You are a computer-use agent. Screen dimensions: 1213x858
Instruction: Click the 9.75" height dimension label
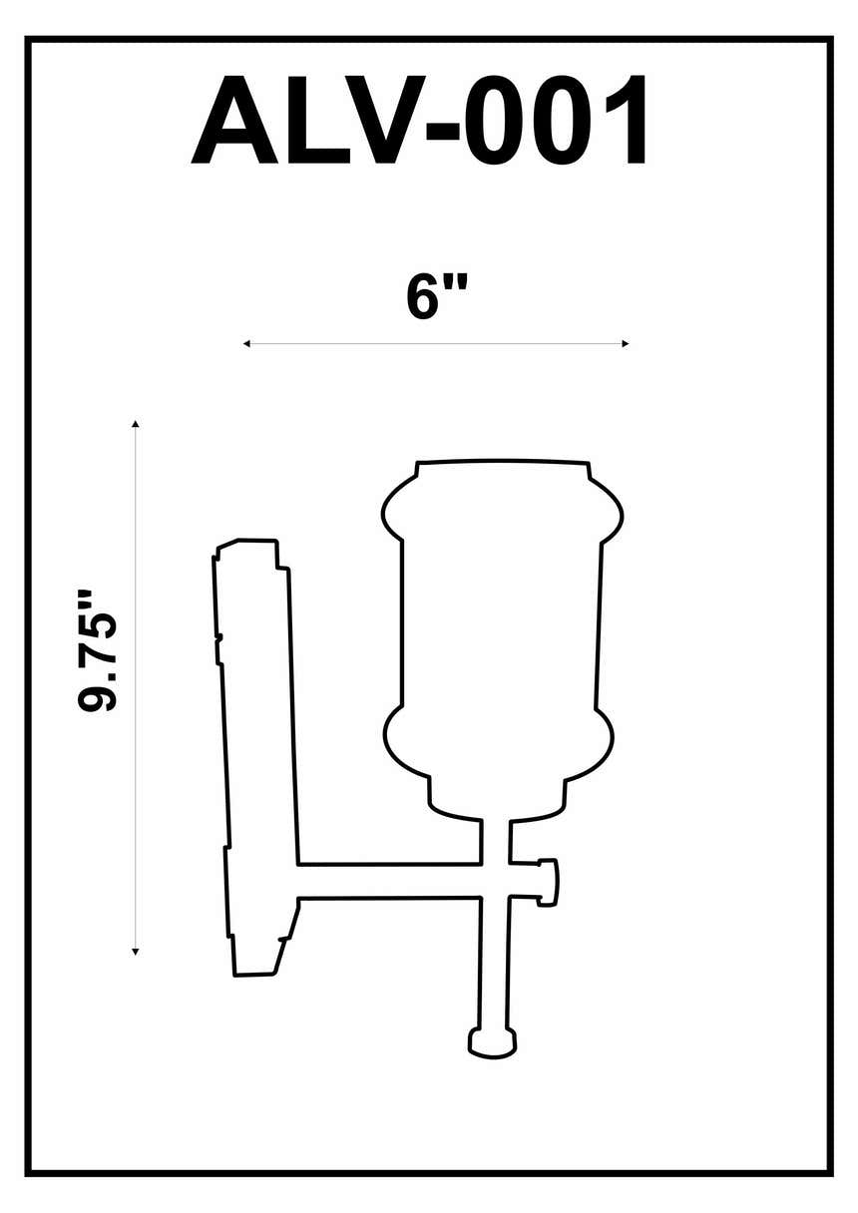(x=99, y=650)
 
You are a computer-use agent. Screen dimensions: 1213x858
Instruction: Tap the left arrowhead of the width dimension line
(x=246, y=344)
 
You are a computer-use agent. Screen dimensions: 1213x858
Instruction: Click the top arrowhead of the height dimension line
(x=136, y=425)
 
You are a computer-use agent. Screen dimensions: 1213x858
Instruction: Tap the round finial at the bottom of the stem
(x=493, y=1042)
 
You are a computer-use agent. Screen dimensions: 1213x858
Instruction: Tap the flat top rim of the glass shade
(x=502, y=464)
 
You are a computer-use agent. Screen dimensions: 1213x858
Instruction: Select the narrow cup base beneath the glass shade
(x=497, y=798)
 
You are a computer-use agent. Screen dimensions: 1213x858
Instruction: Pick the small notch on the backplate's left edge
(x=218, y=636)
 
